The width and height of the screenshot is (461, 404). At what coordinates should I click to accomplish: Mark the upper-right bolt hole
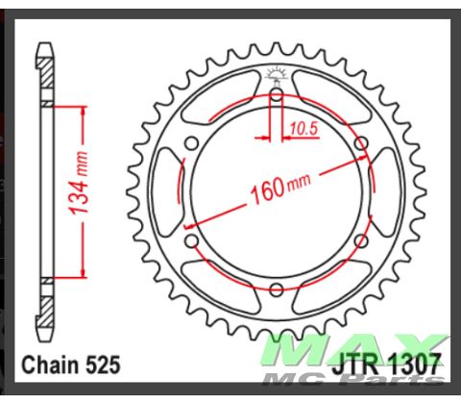(361, 142)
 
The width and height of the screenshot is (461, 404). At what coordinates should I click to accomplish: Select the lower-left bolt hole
(192, 240)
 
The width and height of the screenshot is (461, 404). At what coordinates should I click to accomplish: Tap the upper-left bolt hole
(192, 142)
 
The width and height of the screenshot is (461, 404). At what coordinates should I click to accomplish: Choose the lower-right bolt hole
(361, 240)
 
